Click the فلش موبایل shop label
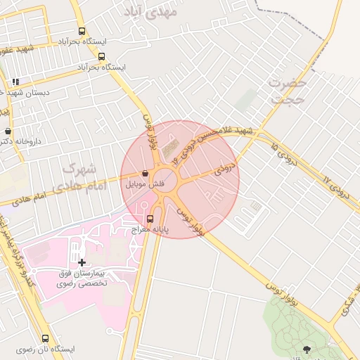145,184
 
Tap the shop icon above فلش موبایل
145,173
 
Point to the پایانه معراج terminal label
149,230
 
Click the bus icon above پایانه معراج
149,219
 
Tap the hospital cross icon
82,262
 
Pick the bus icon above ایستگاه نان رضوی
46,338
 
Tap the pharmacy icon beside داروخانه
8,131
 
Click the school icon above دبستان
15,82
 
